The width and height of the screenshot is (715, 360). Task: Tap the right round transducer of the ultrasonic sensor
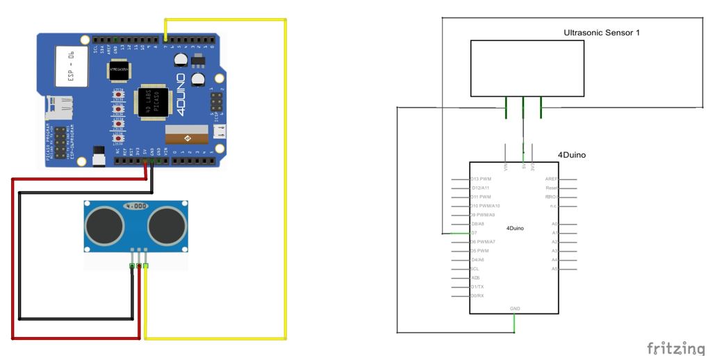pyautogui.click(x=166, y=223)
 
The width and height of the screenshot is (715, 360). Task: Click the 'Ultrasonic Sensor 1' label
pyautogui.click(x=601, y=33)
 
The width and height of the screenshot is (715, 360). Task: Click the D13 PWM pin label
pyautogui.click(x=481, y=179)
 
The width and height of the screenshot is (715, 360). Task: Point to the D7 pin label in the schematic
pyautogui.click(x=474, y=234)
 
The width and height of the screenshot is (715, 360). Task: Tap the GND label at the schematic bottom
pyautogui.click(x=515, y=309)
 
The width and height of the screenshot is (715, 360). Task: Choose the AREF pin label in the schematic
pyautogui.click(x=552, y=179)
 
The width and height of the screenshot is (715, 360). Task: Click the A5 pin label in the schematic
pyautogui.click(x=554, y=269)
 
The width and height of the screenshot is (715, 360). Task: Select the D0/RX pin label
pyautogui.click(x=477, y=296)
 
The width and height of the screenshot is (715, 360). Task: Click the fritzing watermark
pyautogui.click(x=675, y=347)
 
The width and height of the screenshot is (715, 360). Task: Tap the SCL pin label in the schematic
pyautogui.click(x=475, y=269)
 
